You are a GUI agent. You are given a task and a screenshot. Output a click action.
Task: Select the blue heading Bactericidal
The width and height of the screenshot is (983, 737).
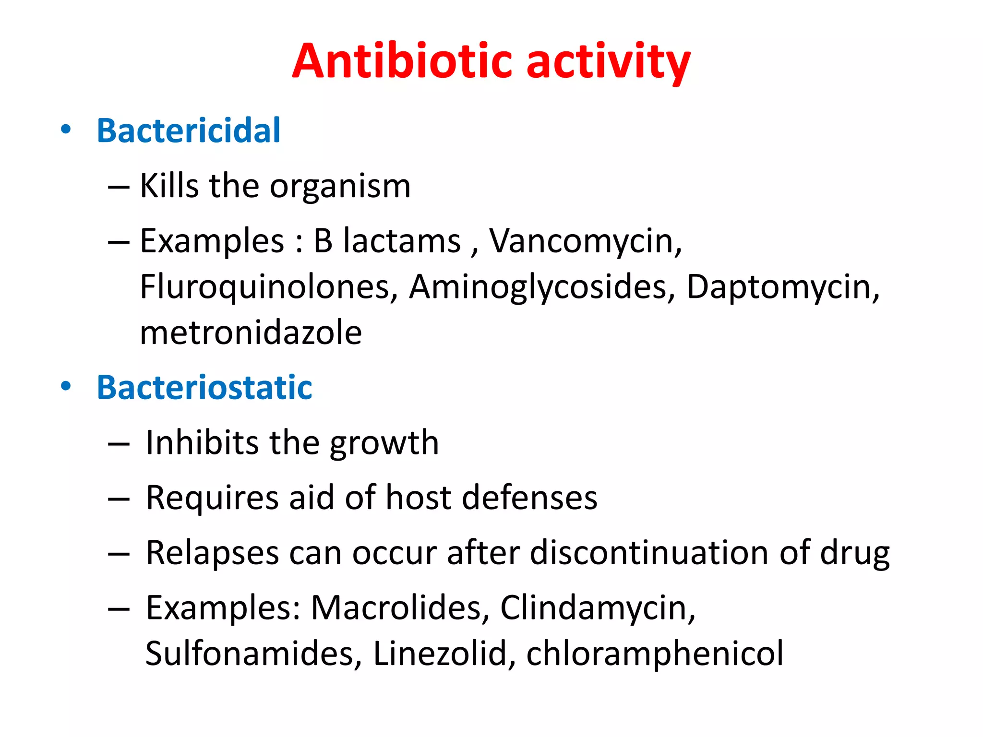pyautogui.click(x=188, y=131)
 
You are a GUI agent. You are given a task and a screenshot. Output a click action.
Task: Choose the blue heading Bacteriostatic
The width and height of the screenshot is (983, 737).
pyautogui.click(x=204, y=387)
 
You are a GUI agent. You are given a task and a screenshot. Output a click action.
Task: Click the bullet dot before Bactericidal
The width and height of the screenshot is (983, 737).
pyautogui.click(x=66, y=130)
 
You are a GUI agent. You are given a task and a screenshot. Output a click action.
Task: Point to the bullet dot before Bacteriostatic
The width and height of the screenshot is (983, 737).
pyautogui.click(x=66, y=386)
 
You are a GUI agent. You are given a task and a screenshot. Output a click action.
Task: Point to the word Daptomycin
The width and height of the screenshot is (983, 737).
pyautogui.click(x=782, y=287)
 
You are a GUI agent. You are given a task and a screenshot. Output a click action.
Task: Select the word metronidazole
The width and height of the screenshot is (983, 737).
pyautogui.click(x=251, y=333)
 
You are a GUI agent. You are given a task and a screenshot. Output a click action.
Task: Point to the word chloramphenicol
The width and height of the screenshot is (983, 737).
pyautogui.click(x=655, y=654)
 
